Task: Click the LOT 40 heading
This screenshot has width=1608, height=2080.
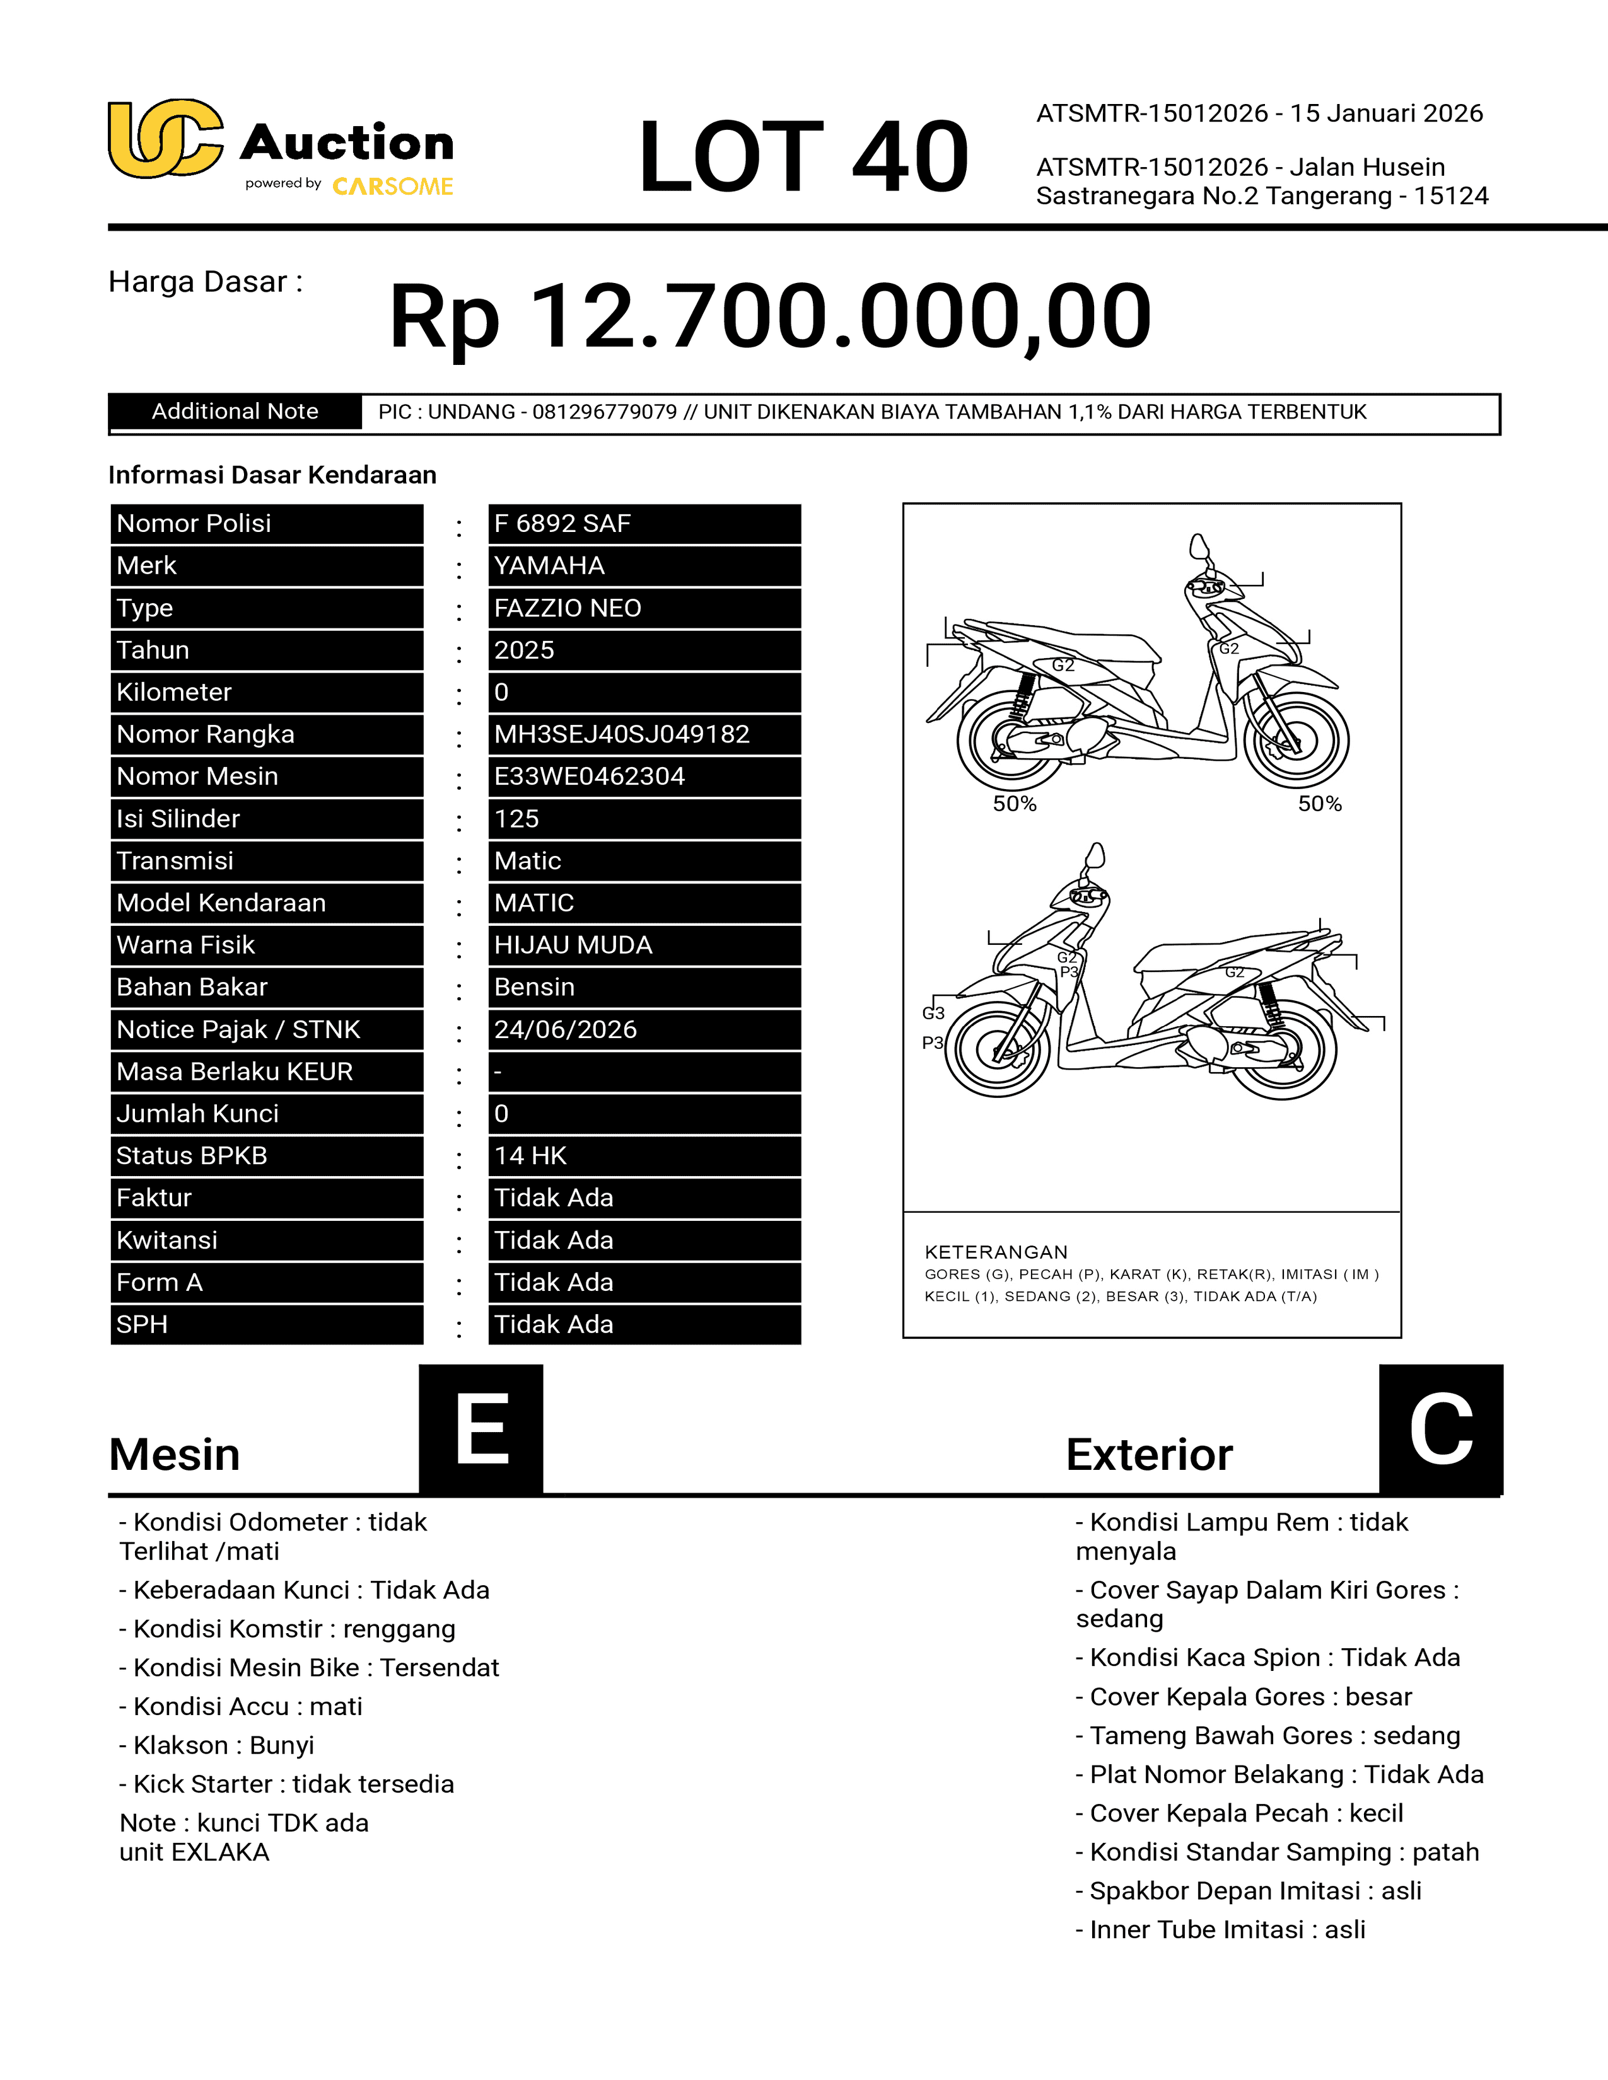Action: pyautogui.click(x=803, y=156)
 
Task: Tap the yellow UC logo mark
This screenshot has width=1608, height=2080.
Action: pyautogui.click(x=165, y=139)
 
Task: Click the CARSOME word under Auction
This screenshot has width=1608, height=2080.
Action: pyautogui.click(x=392, y=187)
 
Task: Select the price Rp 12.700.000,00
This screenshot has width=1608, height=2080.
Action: pyautogui.click(x=770, y=316)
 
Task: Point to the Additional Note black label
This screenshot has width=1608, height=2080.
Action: pyautogui.click(x=235, y=412)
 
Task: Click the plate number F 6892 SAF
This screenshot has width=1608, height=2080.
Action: pyautogui.click(x=562, y=524)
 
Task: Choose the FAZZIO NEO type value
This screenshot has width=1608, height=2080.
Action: pyautogui.click(x=568, y=609)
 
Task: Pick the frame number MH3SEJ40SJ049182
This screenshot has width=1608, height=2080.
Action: pyautogui.click(x=621, y=734)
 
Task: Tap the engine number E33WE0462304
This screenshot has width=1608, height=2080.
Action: pyautogui.click(x=589, y=776)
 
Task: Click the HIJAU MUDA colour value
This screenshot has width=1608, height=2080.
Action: pyautogui.click(x=573, y=945)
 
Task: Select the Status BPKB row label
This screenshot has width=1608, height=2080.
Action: pyautogui.click(x=192, y=1155)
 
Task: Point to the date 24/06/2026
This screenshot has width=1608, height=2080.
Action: pyautogui.click(x=565, y=1029)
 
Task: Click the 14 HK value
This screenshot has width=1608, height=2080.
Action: pyautogui.click(x=530, y=1155)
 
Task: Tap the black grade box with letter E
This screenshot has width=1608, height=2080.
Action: pyautogui.click(x=481, y=1428)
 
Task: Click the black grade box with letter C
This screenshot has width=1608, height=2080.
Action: pyautogui.click(x=1440, y=1428)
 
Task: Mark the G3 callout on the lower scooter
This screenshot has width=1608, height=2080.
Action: pyautogui.click(x=933, y=1014)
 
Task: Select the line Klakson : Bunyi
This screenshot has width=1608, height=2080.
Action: pyautogui.click(x=216, y=1745)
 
